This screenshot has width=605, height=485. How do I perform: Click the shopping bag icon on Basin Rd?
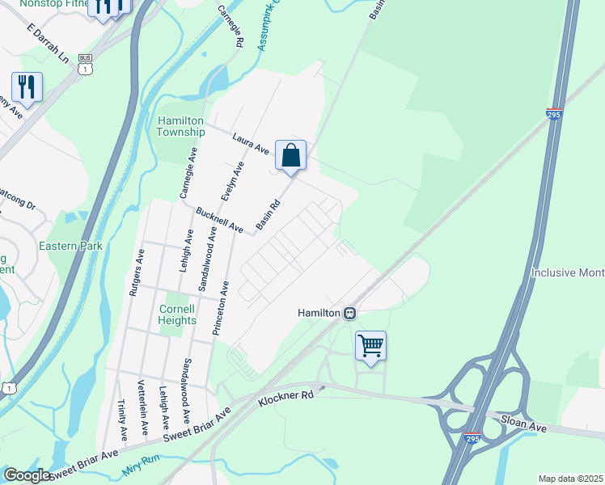tap(290, 155)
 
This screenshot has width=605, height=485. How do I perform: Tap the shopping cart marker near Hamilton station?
tap(370, 345)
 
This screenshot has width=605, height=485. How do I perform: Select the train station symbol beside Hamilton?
tap(349, 313)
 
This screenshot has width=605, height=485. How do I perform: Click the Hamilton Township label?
tap(181, 126)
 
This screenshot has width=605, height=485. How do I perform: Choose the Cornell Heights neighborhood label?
tap(177, 314)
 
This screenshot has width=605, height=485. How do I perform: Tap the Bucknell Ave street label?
tap(219, 221)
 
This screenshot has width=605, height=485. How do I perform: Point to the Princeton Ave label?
tap(226, 308)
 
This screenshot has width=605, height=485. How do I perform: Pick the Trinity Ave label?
tap(122, 420)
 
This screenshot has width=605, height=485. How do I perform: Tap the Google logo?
tap(27, 475)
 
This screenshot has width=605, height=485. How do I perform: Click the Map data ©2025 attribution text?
tap(570, 479)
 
